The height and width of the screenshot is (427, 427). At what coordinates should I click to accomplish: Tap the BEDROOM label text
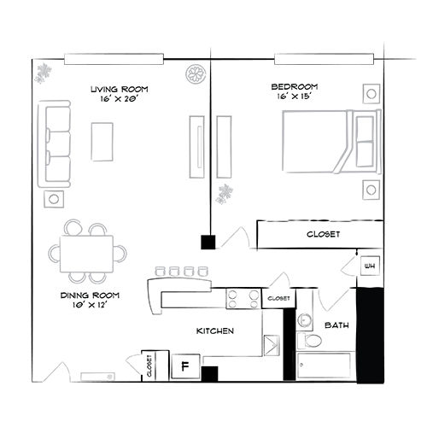point(295,87)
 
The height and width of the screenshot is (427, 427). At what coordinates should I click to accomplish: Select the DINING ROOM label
point(89,295)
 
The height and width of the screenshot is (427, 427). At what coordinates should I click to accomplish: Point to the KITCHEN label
point(215,330)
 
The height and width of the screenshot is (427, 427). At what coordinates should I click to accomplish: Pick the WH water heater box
point(370,266)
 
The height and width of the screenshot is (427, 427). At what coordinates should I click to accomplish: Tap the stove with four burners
point(243,298)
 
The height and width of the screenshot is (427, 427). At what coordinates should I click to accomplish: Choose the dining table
point(86,252)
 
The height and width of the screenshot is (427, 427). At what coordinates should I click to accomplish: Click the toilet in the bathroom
point(312,341)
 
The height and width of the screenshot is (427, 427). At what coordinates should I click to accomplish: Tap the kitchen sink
point(272,345)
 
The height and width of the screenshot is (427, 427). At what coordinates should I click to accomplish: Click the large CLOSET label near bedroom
point(323,234)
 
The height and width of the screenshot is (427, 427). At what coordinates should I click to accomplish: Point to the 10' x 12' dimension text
point(89,306)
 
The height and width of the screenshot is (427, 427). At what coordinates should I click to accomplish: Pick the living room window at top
point(114,59)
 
